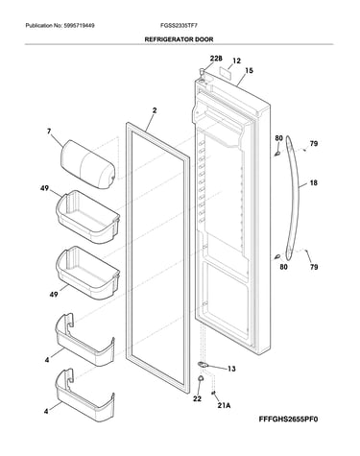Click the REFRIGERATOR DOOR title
click(x=179, y=39)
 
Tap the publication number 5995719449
click(x=79, y=25)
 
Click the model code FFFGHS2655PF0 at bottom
click(x=288, y=420)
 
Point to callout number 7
click(x=49, y=132)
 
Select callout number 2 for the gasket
click(x=155, y=110)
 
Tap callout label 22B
click(x=216, y=59)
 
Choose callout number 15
click(x=249, y=70)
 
